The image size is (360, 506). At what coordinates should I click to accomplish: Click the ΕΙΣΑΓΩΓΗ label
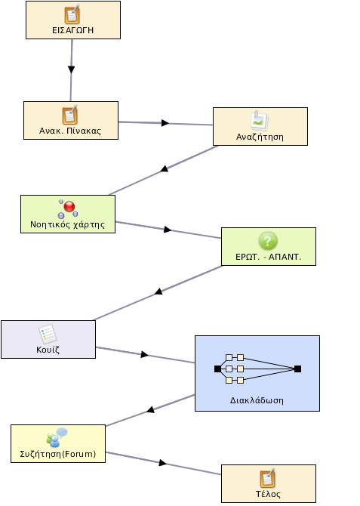point(73,30)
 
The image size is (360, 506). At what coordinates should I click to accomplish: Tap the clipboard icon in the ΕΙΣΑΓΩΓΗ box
point(72,15)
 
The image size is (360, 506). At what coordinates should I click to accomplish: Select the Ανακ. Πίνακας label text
point(70,131)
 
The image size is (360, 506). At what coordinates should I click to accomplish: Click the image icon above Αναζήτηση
point(260,121)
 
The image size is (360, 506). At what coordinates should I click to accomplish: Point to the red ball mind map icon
point(68,208)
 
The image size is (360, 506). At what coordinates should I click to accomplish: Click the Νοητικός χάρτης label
point(67,224)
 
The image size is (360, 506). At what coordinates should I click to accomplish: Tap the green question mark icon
point(268,241)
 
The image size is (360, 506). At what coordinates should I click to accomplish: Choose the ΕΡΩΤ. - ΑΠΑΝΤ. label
point(268,257)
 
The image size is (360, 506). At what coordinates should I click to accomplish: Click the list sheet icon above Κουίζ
point(48,334)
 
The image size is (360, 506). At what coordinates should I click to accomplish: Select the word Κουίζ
point(48,350)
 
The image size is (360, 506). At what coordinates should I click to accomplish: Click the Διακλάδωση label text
point(257,400)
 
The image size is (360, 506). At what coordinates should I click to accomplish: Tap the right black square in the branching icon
point(298,369)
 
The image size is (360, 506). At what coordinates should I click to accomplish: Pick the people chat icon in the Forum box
point(57,437)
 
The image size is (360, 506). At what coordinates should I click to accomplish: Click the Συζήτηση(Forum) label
point(58,454)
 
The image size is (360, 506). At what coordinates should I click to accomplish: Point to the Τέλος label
point(268,494)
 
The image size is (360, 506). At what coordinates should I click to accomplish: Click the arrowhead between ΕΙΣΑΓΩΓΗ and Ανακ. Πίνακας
point(71,69)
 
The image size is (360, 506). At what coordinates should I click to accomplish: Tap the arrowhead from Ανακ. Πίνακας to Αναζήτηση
point(165,123)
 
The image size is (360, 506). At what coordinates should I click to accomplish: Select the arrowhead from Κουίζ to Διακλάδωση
point(144,355)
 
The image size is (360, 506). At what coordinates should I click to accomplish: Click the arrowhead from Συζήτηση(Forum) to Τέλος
point(162,463)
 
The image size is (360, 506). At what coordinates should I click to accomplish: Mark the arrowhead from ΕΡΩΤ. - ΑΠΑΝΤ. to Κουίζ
point(158,292)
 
